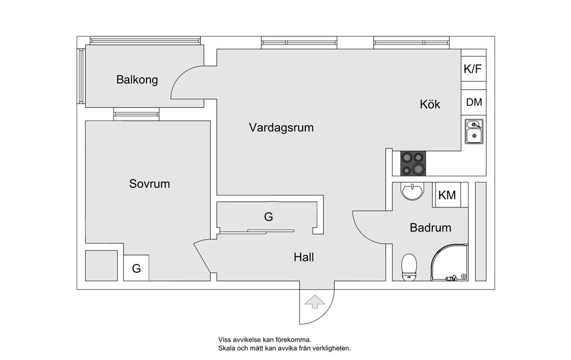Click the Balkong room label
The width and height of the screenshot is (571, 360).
pyautogui.click(x=137, y=80)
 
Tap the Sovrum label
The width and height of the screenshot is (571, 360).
pyautogui.click(x=149, y=184)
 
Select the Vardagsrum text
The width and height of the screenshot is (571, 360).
pyautogui.click(x=281, y=128)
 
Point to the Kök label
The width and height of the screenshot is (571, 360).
pyautogui.click(x=430, y=104)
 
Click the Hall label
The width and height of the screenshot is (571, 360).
pyautogui.click(x=304, y=257)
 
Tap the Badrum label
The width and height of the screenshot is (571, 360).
pyautogui.click(x=430, y=227)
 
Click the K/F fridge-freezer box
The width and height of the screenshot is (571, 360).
pyautogui.click(x=473, y=68)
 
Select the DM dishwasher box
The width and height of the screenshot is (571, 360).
pyautogui.click(x=474, y=102)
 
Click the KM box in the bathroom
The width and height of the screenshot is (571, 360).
pyautogui.click(x=447, y=195)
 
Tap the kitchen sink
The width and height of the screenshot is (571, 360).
pyautogui.click(x=473, y=132)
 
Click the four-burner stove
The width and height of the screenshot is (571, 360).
pyautogui.click(x=413, y=163)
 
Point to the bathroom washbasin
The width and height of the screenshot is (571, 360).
pyautogui.click(x=413, y=191)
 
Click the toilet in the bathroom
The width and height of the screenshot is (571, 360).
pyautogui.click(x=410, y=266)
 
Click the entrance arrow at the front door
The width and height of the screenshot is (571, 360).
pyautogui.click(x=313, y=301)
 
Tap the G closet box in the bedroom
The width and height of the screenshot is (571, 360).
pyautogui.click(x=137, y=268)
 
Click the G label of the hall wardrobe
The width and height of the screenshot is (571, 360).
pyautogui.click(x=268, y=217)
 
